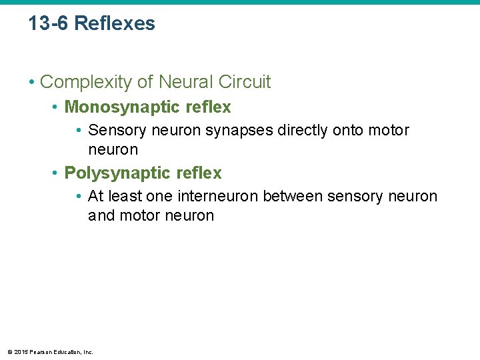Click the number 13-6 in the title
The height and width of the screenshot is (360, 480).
(x=49, y=24)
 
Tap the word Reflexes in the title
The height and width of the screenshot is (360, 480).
(x=115, y=24)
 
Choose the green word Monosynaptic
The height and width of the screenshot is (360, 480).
(x=117, y=107)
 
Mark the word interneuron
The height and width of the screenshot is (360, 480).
(x=218, y=196)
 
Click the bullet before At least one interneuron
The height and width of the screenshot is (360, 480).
(x=79, y=196)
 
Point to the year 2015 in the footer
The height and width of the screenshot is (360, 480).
(x=21, y=352)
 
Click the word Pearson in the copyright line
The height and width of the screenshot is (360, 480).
(x=39, y=352)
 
